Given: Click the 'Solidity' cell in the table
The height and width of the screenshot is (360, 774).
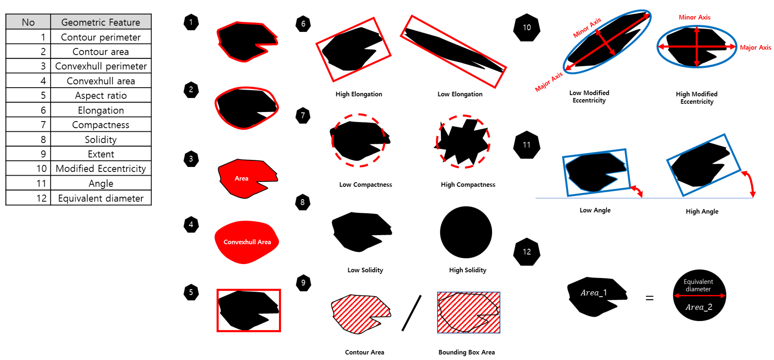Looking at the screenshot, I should (101, 139).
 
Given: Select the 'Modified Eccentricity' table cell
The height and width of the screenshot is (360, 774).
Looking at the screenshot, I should (101, 169).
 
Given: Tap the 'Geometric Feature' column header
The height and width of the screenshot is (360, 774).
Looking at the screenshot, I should (101, 22).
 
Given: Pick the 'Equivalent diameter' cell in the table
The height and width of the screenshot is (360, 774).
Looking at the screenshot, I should (101, 198).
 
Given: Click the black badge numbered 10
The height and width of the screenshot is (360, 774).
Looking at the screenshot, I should (526, 27).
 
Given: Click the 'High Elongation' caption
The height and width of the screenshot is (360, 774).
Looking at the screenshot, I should (359, 94).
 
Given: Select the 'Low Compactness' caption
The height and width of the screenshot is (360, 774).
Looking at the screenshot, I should (365, 184).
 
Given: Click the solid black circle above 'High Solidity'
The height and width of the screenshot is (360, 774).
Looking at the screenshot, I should (466, 232).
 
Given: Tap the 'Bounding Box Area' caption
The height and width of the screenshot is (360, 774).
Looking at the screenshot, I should (466, 352).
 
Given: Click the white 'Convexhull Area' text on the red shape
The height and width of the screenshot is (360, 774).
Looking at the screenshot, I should (247, 242).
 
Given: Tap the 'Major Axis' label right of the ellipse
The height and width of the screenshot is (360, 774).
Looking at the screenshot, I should (755, 48).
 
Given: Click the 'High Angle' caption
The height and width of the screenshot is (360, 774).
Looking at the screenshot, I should (702, 211).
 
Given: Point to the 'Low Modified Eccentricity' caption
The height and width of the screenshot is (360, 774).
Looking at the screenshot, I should (589, 97).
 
